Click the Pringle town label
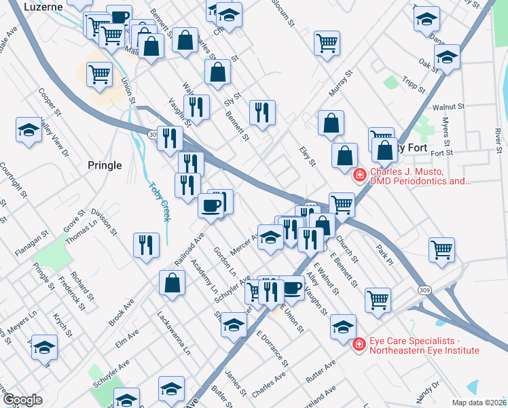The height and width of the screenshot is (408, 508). point(105,165)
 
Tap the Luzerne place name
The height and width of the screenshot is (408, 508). point(43,6)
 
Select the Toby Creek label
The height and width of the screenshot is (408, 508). point(158,201)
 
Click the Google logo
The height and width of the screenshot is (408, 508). point(22,400)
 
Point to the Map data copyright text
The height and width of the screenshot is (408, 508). point(477,402)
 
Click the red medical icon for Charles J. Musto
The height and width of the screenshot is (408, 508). point(359,177)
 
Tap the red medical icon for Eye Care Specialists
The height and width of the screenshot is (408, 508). point(359,346)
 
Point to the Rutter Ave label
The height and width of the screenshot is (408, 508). point(321,370)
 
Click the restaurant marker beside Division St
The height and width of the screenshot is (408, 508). point(146,245)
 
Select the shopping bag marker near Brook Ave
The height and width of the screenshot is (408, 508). point(173,282)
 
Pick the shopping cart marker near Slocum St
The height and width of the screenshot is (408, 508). point(327,43)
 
